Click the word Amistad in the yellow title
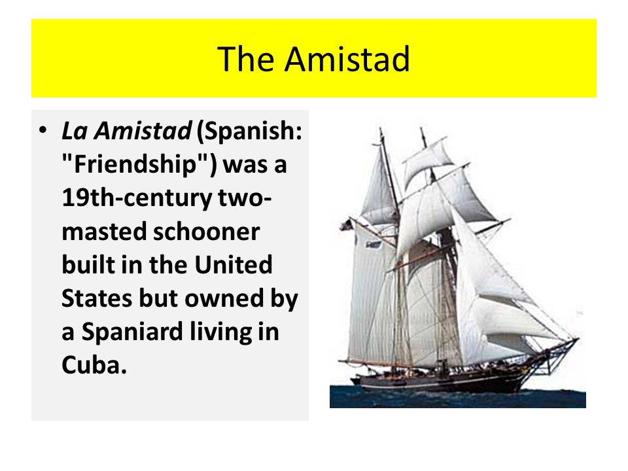(347, 59)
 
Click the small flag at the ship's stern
(345, 226)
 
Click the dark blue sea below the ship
(458, 399)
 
